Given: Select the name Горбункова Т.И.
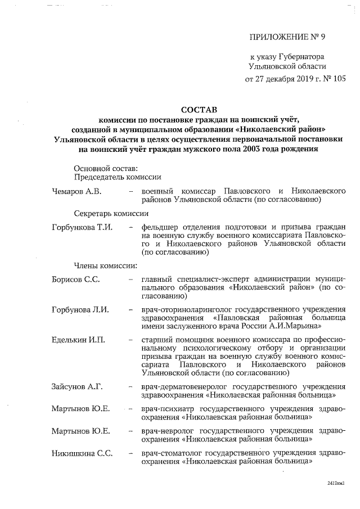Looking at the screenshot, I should (x=82, y=227).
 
